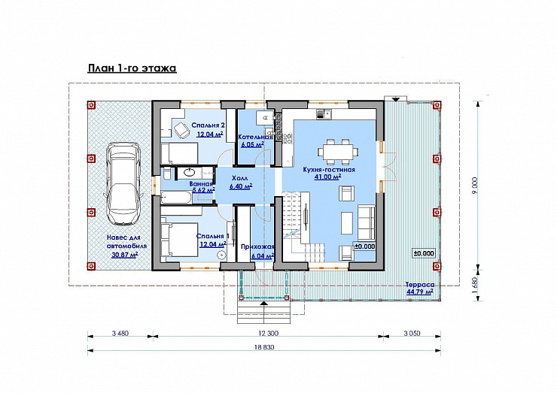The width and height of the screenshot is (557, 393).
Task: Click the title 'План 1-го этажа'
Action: (132, 68)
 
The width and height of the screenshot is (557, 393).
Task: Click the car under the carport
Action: (123, 184)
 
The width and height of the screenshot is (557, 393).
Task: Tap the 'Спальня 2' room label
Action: (208, 125)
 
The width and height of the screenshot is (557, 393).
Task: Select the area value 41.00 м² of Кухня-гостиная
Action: (327, 177)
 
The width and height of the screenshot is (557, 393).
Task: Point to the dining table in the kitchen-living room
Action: (338, 152)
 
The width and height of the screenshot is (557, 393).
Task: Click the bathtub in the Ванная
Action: (176, 197)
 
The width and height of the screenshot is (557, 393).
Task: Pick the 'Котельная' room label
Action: (255, 137)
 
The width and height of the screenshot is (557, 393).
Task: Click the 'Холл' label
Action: (241, 178)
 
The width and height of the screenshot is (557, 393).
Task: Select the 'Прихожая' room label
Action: (257, 247)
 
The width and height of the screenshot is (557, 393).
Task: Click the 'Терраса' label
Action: (420, 285)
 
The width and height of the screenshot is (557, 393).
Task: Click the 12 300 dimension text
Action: (268, 333)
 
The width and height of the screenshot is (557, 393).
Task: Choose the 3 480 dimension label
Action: (120, 333)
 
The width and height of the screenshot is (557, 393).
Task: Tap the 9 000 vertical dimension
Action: (475, 185)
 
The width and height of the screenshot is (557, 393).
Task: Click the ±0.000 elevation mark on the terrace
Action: (424, 253)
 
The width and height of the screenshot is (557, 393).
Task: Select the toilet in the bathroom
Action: (166, 174)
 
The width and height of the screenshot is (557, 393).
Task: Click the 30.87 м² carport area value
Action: (125, 255)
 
